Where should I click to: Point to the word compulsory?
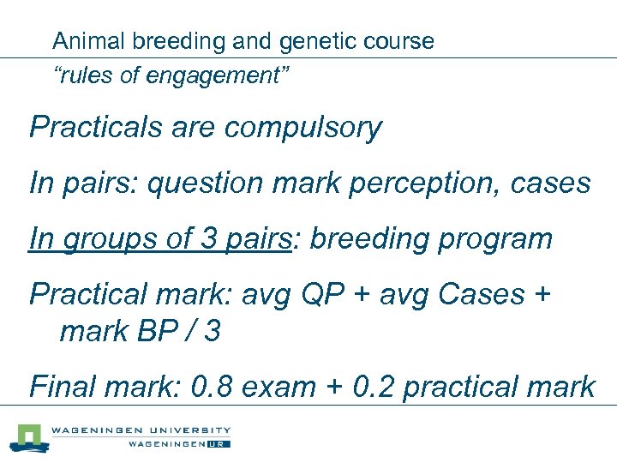303,129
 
